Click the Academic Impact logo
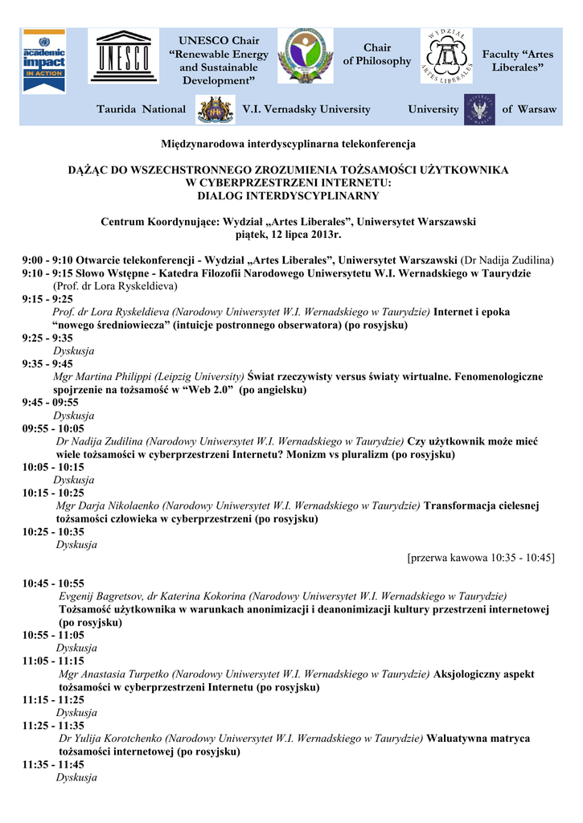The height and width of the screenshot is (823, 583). pos(44,60)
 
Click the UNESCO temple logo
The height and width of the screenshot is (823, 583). pos(124,55)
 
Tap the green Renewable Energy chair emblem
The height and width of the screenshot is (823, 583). pos(305,55)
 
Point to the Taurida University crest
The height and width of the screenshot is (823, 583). pos(215,109)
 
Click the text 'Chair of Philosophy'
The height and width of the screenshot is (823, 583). pos(377,55)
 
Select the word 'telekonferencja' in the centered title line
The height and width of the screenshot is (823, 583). pos(378,144)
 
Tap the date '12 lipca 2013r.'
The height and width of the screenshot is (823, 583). pos(310,234)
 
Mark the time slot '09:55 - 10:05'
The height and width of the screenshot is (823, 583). pos(53,428)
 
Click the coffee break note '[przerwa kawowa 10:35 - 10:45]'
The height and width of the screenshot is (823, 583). pos(481,558)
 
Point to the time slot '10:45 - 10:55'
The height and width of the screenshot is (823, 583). pos(53,583)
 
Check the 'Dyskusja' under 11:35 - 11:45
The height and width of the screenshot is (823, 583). pos(76,777)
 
